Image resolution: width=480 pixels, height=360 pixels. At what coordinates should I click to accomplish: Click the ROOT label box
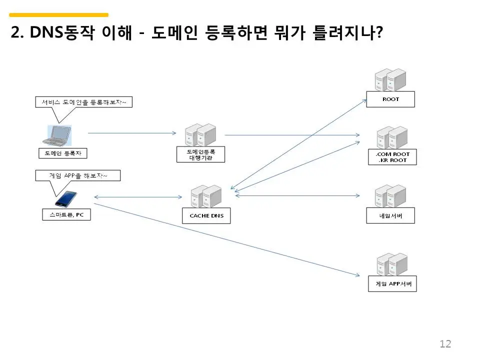(390, 99)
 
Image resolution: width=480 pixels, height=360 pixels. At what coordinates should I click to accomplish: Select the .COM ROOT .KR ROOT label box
(392, 157)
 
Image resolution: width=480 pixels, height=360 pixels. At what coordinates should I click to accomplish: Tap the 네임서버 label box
(390, 215)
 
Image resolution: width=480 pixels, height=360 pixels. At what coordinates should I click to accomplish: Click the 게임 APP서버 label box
(392, 284)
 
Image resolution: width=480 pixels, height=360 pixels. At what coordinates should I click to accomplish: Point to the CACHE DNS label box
(206, 216)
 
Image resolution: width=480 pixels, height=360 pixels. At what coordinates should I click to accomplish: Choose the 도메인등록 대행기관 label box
(201, 154)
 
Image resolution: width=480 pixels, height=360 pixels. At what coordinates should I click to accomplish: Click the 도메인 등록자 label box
(63, 153)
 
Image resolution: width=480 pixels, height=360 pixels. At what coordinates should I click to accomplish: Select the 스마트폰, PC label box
(66, 215)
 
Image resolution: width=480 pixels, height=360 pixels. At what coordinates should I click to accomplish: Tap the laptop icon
(57, 135)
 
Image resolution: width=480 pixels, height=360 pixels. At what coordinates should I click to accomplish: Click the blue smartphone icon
(66, 199)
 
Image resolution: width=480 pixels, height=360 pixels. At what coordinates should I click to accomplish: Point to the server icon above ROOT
(390, 79)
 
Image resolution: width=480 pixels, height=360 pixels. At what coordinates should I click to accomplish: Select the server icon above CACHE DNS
(206, 196)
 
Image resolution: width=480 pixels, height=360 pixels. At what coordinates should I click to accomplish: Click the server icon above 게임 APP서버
(392, 264)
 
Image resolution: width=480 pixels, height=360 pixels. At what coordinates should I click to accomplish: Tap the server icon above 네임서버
(390, 196)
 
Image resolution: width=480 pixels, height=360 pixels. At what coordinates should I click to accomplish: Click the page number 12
(445, 344)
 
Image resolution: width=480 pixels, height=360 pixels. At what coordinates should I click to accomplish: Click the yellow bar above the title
(59, 14)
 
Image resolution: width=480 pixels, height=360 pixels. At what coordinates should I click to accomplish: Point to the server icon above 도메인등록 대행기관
(200, 134)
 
